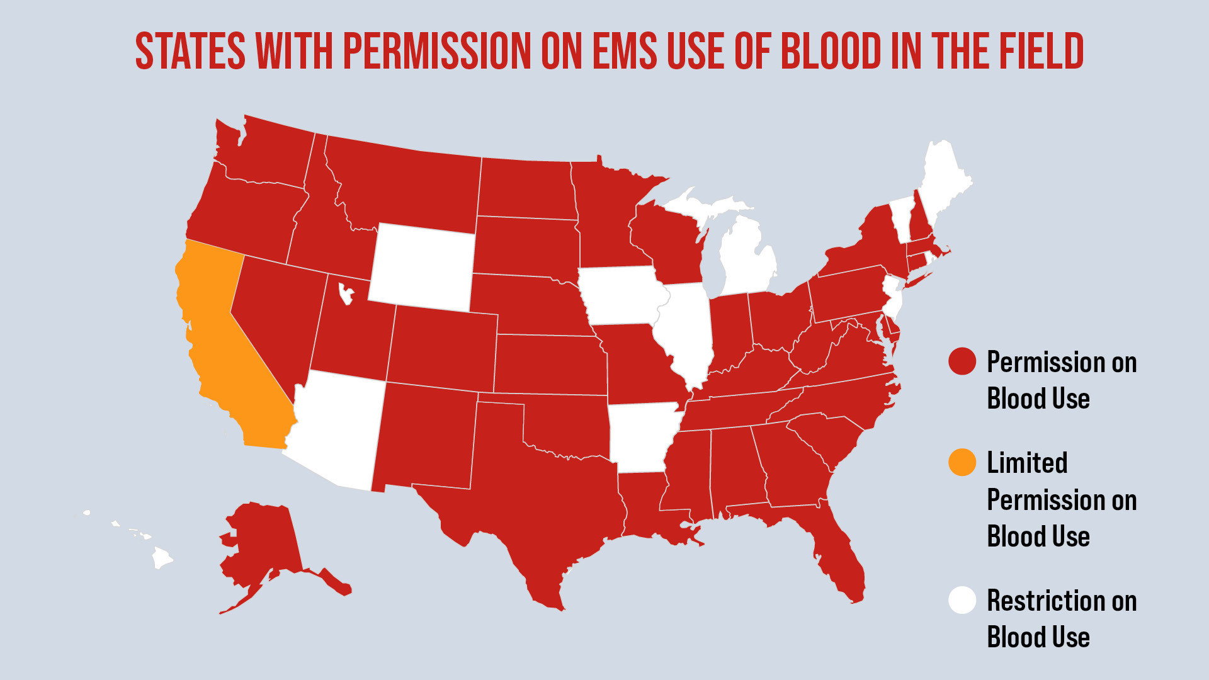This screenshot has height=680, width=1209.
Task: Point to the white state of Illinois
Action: coord(686,334)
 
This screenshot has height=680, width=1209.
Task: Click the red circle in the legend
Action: coord(962,361)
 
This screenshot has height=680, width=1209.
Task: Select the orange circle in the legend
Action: coord(962,462)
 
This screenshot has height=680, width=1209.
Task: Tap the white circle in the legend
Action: coord(962,600)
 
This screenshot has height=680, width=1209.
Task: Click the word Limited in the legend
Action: coord(1027,463)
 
